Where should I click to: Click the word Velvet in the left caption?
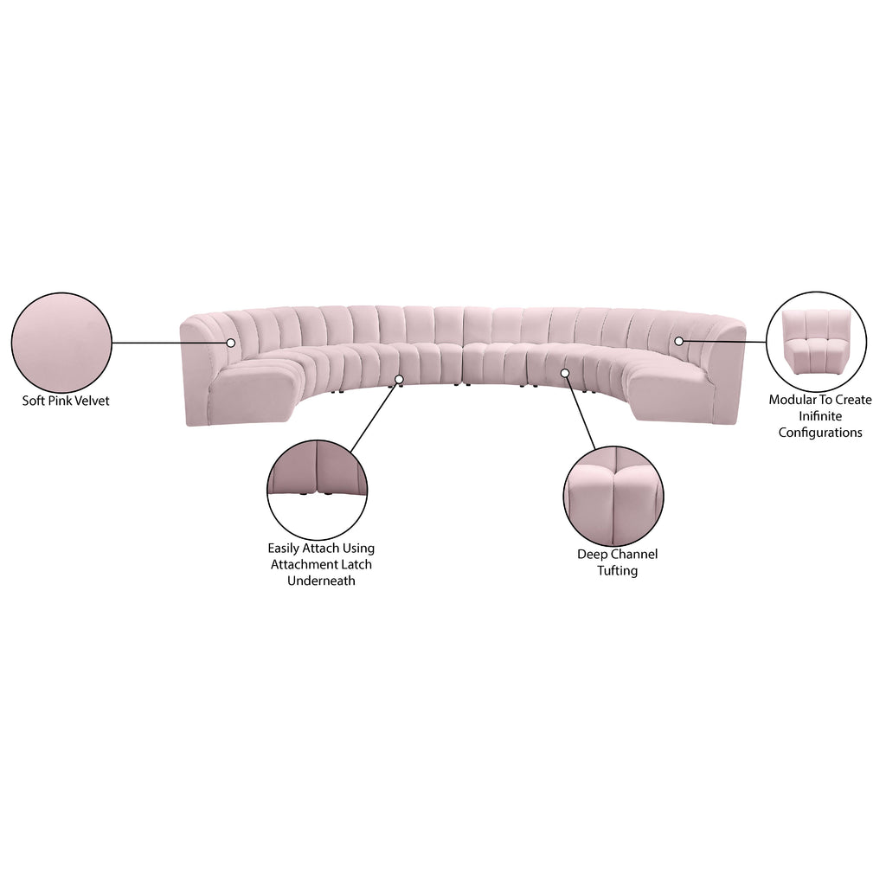point(89,401)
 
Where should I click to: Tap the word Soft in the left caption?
point(32,401)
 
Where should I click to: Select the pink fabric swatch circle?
point(61,343)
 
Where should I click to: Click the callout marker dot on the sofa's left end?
point(230,343)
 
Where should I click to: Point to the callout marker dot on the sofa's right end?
point(678,341)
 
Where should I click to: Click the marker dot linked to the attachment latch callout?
point(399,379)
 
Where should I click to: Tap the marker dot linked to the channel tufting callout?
point(564,373)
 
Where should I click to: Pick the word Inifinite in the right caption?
point(820,416)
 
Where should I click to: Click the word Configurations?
point(820,433)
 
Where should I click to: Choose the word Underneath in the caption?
point(321,581)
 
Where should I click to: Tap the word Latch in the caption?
point(356,564)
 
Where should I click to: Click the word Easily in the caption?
point(284,548)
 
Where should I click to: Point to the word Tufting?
point(617,571)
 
